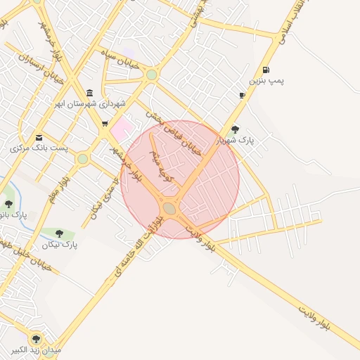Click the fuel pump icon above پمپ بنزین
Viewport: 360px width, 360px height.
click(265, 70)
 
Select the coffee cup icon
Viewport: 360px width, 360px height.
click(242, 95)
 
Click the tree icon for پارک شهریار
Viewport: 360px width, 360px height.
click(235, 129)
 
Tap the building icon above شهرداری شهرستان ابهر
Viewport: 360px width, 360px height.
click(89, 93)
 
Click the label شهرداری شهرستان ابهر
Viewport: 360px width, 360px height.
click(92, 104)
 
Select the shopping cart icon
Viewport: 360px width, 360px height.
click(105, 124)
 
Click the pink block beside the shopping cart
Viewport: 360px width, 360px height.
click(122, 128)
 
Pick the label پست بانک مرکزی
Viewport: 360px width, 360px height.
click(39, 148)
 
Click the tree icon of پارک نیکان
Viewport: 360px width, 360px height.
click(59, 233)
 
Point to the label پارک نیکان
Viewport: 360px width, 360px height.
click(60, 245)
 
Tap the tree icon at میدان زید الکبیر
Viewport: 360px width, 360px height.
click(36, 339)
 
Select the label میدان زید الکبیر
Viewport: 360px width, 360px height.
click(36, 350)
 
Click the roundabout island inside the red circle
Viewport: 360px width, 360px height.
click(169, 208)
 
